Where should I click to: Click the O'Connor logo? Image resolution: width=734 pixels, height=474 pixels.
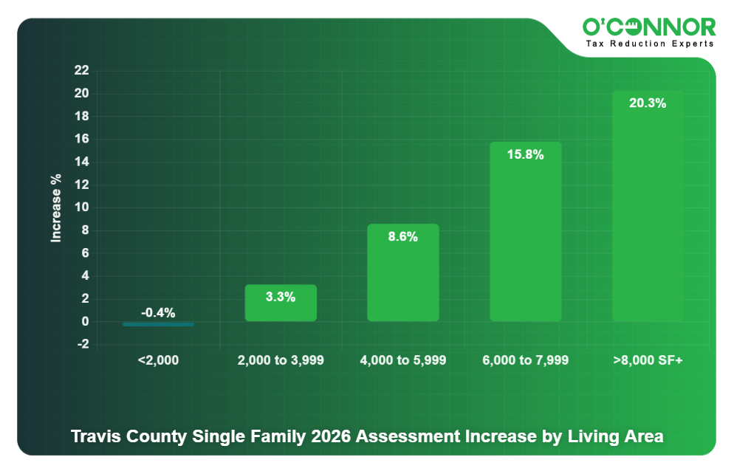click(x=649, y=27)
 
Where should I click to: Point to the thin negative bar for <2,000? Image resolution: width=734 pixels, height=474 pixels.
click(x=158, y=324)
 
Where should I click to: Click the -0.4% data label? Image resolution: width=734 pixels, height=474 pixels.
click(x=158, y=313)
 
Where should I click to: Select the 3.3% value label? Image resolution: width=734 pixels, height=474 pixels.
click(x=281, y=297)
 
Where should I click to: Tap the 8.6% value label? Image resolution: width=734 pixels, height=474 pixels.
click(x=403, y=237)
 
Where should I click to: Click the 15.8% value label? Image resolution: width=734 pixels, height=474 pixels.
click(x=526, y=155)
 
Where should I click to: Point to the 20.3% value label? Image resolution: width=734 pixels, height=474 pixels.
click(x=648, y=103)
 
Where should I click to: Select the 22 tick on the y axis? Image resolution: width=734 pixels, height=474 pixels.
click(x=81, y=71)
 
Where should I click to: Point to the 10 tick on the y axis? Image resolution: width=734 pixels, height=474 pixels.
click(x=81, y=207)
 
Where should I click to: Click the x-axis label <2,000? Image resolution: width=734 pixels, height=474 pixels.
click(x=158, y=360)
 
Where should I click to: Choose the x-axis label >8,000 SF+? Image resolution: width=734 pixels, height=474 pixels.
click(x=648, y=360)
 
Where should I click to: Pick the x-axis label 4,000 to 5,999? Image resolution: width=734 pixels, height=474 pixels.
click(x=403, y=360)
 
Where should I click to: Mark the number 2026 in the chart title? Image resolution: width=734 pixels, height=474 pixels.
click(x=331, y=436)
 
